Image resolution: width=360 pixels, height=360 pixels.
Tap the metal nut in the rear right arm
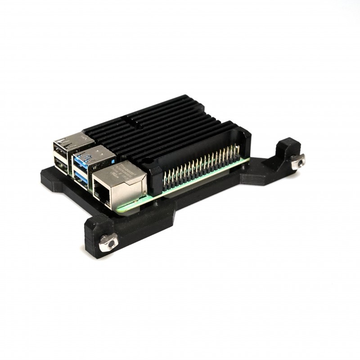(297, 161)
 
